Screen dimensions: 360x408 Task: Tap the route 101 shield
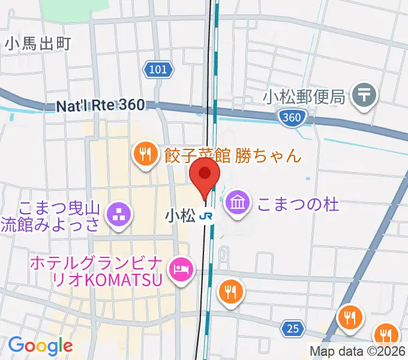click(x=158, y=70)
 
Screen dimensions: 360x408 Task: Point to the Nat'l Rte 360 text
click(x=100, y=105)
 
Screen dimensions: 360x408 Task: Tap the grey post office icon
click(x=364, y=94)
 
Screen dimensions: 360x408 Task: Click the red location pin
click(x=205, y=174)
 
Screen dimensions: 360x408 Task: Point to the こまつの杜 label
click(x=298, y=204)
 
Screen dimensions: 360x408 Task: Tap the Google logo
click(x=40, y=345)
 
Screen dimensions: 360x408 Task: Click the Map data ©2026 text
click(x=358, y=352)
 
